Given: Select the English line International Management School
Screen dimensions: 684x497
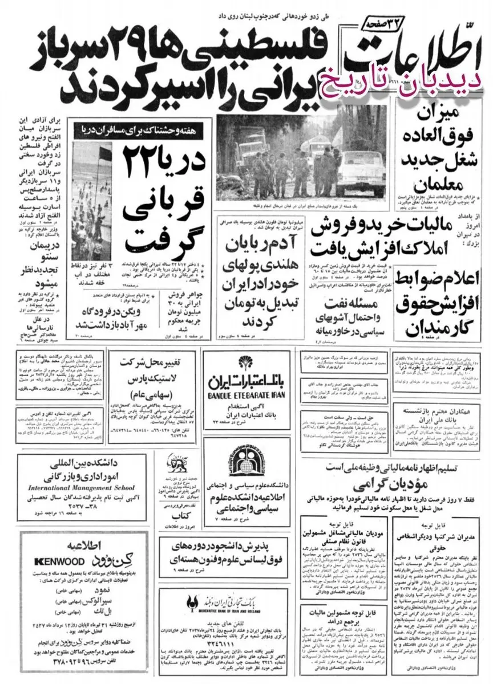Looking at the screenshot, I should tap(89, 487).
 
